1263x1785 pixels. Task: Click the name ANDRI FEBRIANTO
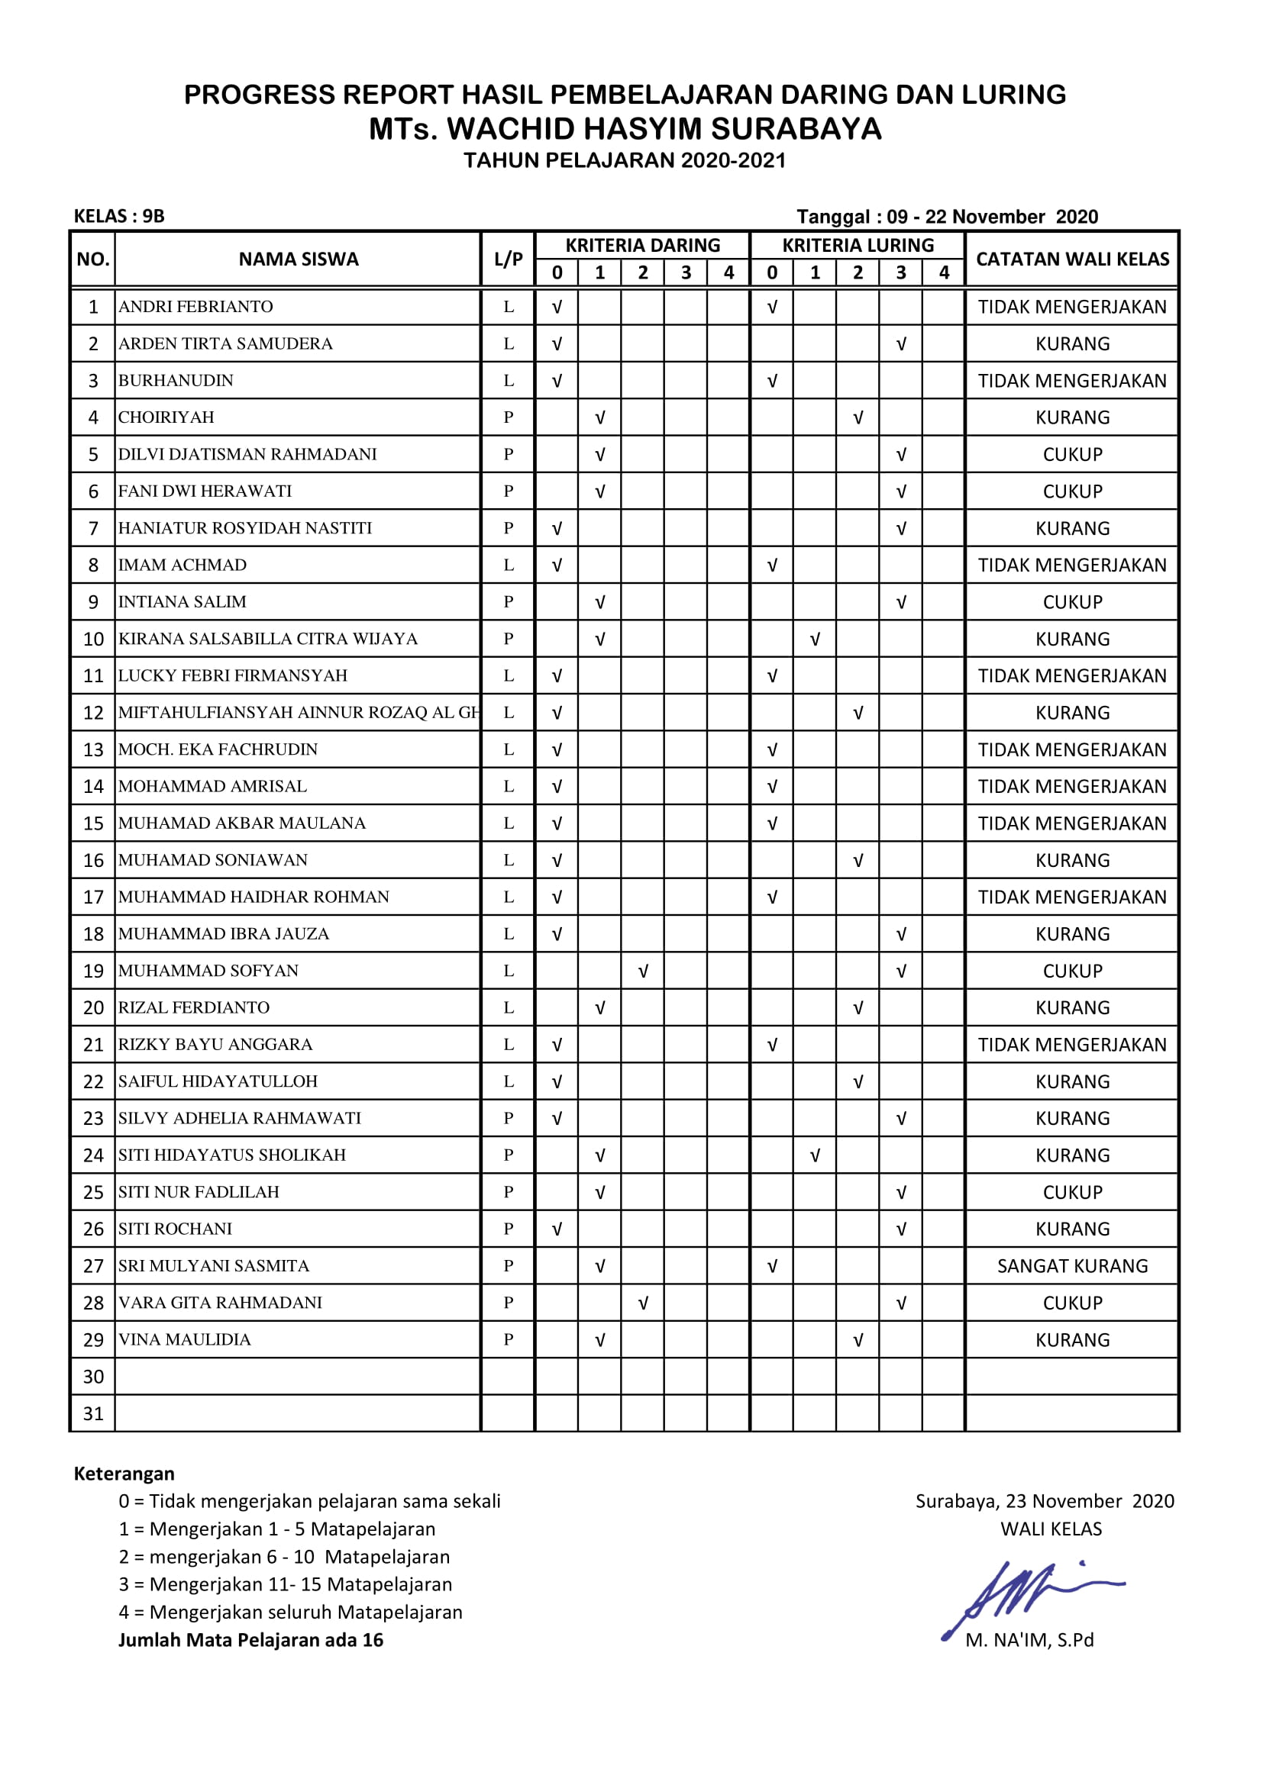pos(196,307)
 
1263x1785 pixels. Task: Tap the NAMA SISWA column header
pos(299,259)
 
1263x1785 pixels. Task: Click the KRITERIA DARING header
pos(642,246)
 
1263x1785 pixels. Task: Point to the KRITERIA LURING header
pos(858,246)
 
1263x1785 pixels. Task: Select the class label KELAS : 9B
pos(119,216)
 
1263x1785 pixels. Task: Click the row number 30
pos(93,1377)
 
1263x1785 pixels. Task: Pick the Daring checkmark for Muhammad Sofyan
pos(643,971)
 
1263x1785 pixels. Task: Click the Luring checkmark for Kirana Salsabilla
pos(815,639)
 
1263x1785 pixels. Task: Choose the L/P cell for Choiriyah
pos(509,417)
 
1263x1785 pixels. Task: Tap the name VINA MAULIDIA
pos(185,1339)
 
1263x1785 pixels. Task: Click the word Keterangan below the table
pos(124,1474)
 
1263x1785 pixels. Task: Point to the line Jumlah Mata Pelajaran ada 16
pos(250,1641)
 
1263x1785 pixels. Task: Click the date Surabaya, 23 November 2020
pos(1045,1501)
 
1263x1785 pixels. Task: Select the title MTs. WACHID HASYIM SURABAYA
pos(625,129)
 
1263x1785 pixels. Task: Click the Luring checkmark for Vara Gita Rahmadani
pos(901,1303)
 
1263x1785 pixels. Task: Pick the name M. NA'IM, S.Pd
pos(1029,1641)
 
